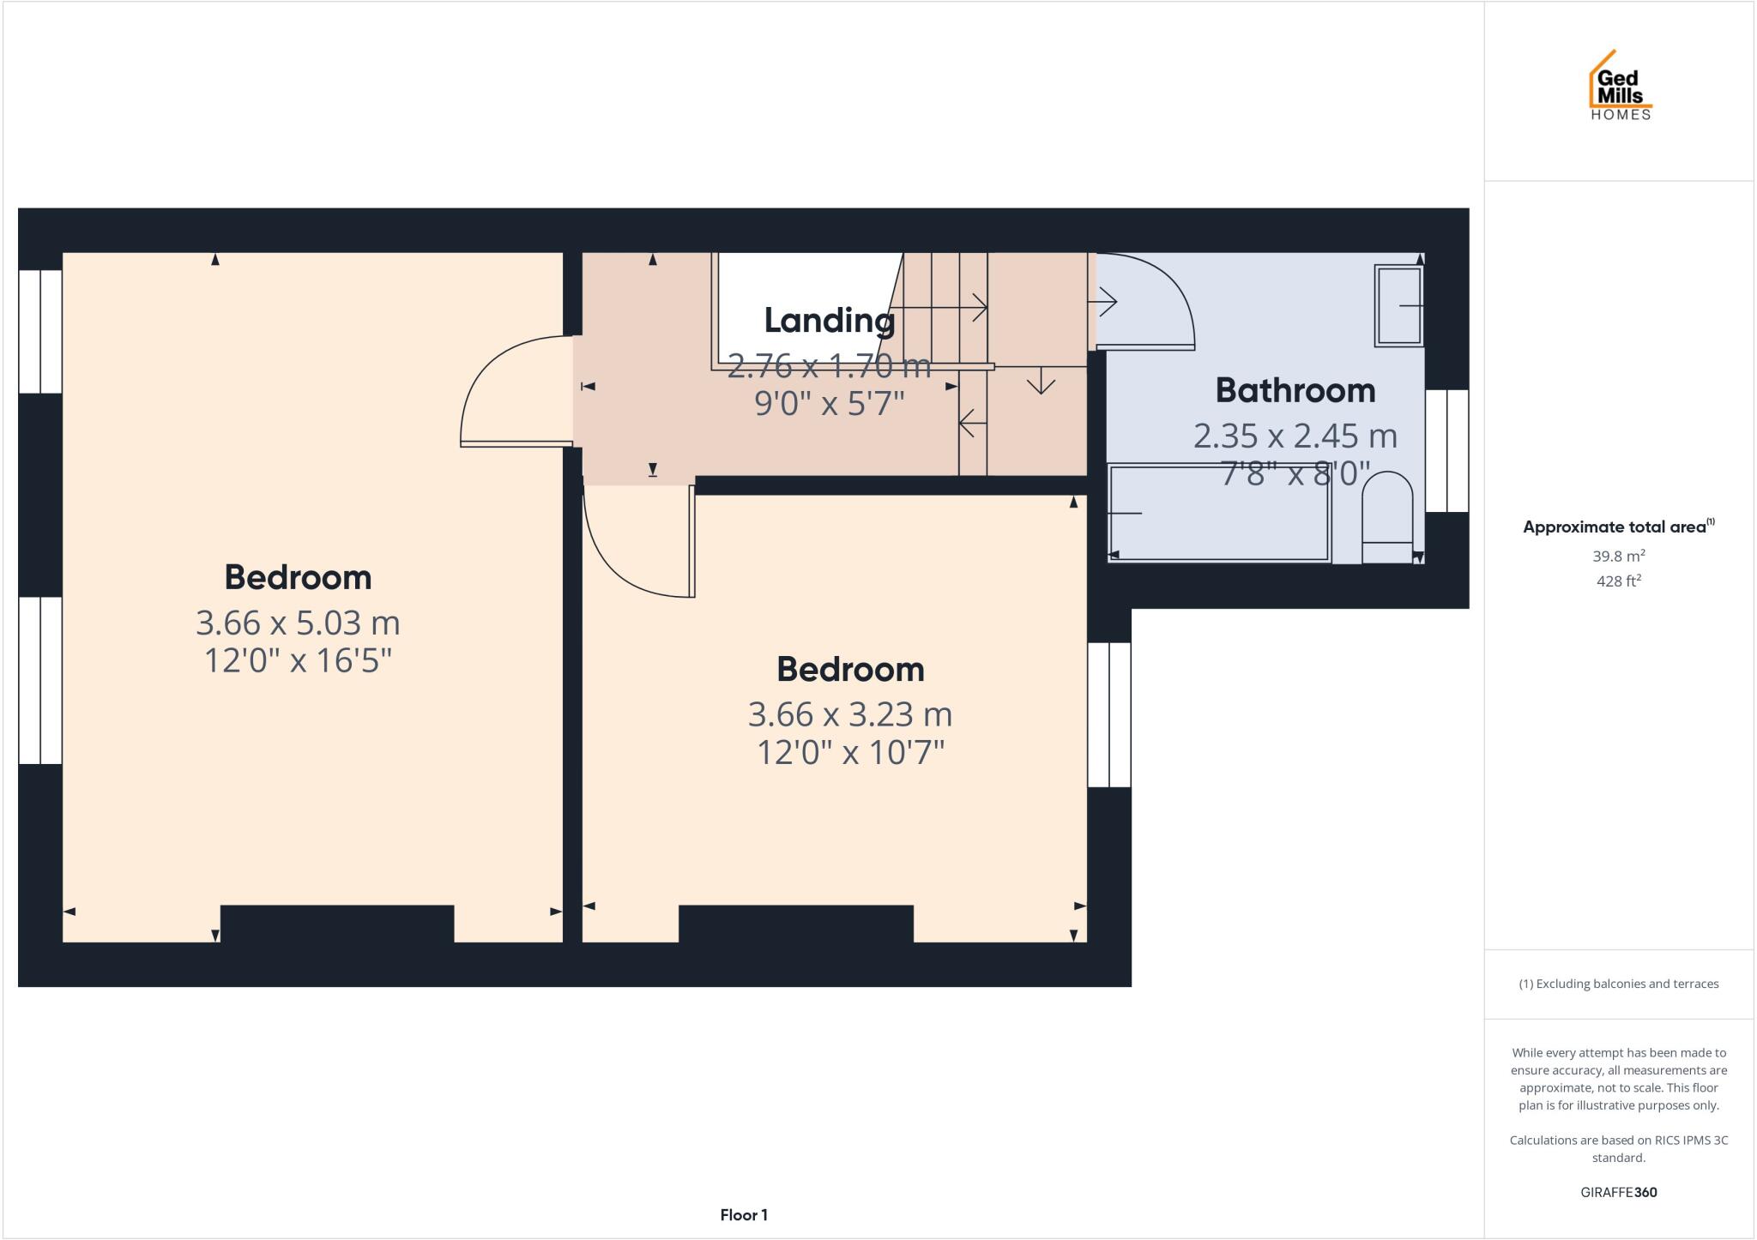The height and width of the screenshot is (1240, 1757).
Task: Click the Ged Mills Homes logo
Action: [1620, 87]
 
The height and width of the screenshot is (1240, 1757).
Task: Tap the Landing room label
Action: [829, 321]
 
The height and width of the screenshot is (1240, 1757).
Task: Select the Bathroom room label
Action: [1295, 391]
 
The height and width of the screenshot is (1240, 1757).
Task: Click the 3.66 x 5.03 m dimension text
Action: [298, 623]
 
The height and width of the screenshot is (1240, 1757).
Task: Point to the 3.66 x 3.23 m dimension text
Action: [849, 714]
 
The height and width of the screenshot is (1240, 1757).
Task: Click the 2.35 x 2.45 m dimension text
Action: [1295, 436]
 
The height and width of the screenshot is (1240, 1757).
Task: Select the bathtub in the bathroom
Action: [1218, 513]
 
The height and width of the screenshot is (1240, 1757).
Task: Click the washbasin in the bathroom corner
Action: [1398, 305]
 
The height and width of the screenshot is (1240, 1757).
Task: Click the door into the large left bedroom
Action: [506, 394]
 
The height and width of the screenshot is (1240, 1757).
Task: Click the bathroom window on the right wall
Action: [1446, 451]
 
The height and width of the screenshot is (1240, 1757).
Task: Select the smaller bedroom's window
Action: [1109, 714]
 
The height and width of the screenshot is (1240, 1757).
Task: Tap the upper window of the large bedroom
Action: [40, 332]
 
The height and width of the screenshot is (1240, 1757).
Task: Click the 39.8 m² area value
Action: [1618, 556]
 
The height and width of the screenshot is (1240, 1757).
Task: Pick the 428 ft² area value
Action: [1618, 581]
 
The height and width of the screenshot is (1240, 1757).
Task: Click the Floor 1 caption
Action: [743, 1215]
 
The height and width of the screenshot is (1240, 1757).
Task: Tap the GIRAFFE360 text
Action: [1618, 1192]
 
